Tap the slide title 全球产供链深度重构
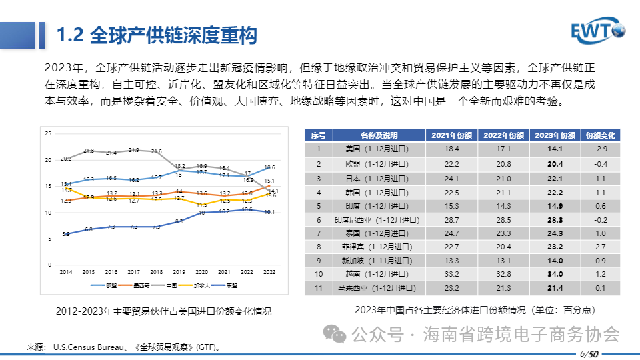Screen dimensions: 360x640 click(x=157, y=35)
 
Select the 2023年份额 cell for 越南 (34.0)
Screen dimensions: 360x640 click(x=555, y=274)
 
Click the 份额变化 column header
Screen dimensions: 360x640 click(x=600, y=135)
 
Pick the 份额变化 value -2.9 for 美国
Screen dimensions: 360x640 click(x=600, y=149)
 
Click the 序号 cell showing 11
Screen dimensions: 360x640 click(x=319, y=288)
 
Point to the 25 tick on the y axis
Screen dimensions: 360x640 click(x=47, y=134)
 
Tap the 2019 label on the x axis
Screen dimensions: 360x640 click(x=179, y=273)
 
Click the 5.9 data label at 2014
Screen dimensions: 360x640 click(x=65, y=234)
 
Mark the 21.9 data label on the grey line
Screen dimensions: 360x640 click(x=133, y=150)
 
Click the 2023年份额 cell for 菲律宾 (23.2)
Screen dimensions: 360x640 click(x=555, y=247)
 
